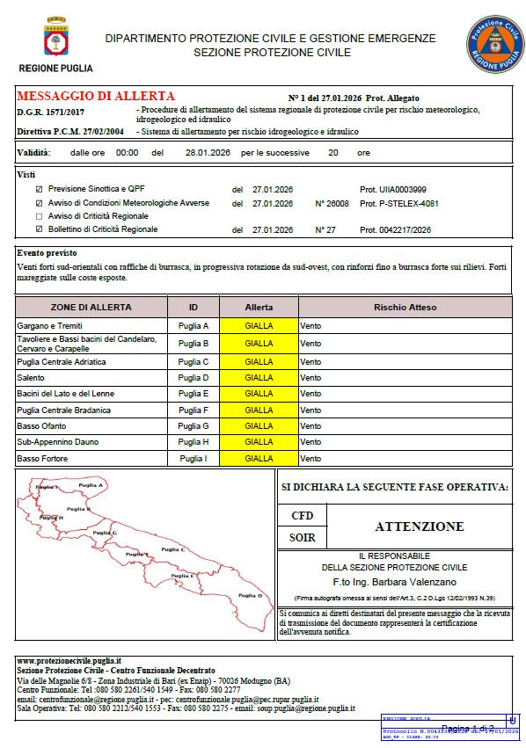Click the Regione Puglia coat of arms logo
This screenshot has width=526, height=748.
click(54, 40)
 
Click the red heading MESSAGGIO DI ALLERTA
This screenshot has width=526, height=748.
click(96, 96)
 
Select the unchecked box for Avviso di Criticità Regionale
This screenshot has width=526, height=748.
click(38, 216)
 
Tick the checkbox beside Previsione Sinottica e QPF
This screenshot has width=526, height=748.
click(38, 189)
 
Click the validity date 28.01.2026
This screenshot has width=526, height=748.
click(207, 152)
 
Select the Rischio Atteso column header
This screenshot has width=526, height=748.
click(405, 308)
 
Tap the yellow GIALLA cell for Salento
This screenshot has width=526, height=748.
click(259, 377)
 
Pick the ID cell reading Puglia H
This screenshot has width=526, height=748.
click(194, 442)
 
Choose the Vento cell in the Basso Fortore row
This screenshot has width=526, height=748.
click(310, 459)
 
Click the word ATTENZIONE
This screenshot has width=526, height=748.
click(419, 527)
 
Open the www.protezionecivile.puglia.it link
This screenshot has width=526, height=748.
click(69, 660)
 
